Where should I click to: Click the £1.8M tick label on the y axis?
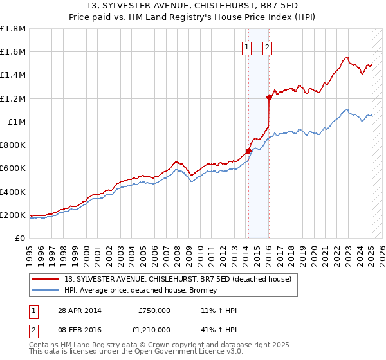[x=13, y=29]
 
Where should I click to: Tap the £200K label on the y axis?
[x=13, y=215]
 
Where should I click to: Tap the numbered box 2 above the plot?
[x=267, y=46]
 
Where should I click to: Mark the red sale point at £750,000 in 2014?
[x=248, y=151]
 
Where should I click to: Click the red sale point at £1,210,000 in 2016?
[x=269, y=98]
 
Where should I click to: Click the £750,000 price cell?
[x=154, y=310]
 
